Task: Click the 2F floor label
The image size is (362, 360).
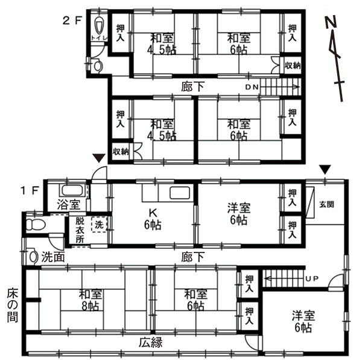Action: [72, 21]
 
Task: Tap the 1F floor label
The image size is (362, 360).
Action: [30, 190]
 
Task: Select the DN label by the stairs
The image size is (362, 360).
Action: [252, 87]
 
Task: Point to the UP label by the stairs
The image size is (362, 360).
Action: [312, 278]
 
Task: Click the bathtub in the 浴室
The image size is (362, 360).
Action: [72, 191]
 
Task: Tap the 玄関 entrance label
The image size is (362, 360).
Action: [326, 204]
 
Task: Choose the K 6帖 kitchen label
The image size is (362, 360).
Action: [153, 219]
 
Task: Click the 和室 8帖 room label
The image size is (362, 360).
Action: [91, 300]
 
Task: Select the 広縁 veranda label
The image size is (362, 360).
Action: [150, 342]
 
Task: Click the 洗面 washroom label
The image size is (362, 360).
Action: [52, 257]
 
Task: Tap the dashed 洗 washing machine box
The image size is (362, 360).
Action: [100, 224]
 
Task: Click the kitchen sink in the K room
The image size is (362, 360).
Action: [180, 193]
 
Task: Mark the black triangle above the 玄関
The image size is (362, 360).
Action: [325, 169]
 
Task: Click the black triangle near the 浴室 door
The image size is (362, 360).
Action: [100, 158]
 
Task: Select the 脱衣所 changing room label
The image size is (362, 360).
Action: [80, 230]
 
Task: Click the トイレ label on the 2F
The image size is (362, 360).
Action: [100, 38]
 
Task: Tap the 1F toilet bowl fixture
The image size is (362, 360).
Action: [36, 224]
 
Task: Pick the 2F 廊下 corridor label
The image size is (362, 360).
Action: [192, 87]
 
